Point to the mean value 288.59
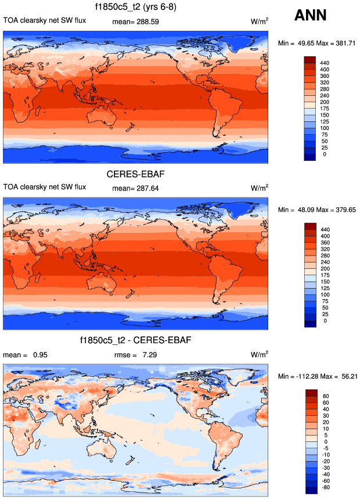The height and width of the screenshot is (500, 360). (147, 21)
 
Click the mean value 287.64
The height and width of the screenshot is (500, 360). (147, 188)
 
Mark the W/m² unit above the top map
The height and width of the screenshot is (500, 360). (260, 21)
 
